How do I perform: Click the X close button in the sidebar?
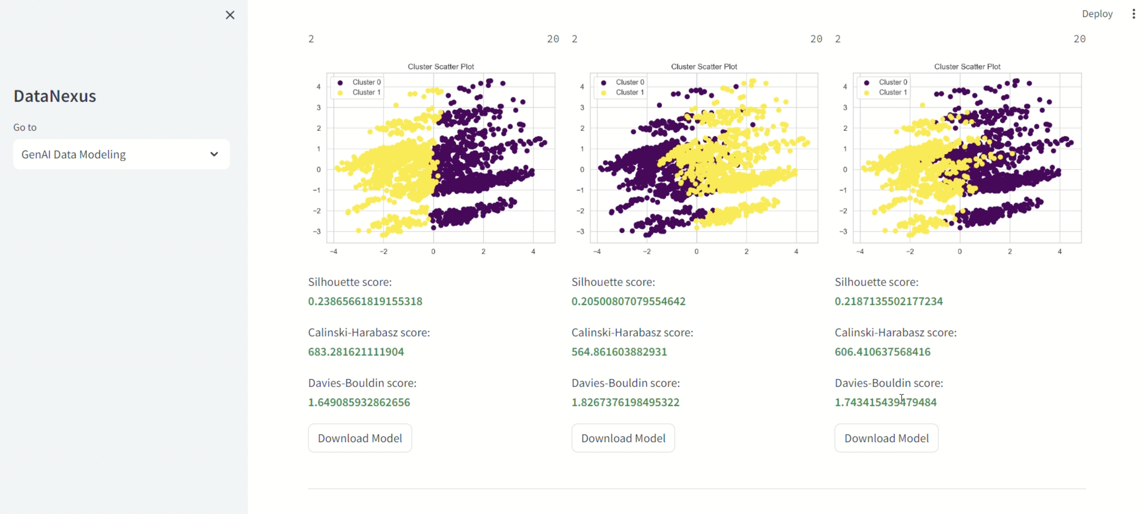coord(230,15)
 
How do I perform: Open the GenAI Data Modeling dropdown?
coord(121,154)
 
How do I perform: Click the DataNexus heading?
coord(55,96)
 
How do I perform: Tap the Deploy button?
coord(1097,14)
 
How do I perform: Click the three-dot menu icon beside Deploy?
coord(1133,14)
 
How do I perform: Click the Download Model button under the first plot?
coord(360,438)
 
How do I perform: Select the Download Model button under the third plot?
coord(886,438)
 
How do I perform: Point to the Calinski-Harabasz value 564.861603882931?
coord(619,352)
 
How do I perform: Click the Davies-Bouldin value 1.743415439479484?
coord(885,402)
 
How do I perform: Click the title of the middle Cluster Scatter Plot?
coord(704,67)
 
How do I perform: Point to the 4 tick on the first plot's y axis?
coord(319,86)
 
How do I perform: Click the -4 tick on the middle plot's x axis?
coord(597,251)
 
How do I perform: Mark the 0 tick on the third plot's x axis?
coord(960,251)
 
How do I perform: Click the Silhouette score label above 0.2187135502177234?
coord(876,282)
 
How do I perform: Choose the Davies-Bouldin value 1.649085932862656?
coord(359,402)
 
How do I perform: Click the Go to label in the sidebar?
coord(25,127)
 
